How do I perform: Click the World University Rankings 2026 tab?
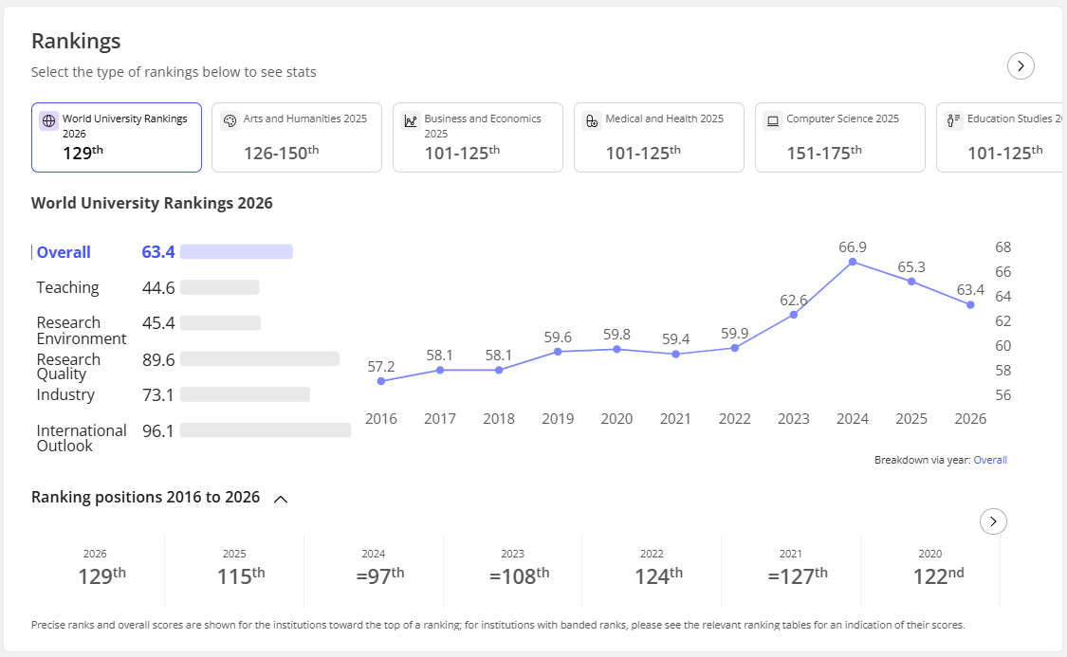pyautogui.click(x=117, y=137)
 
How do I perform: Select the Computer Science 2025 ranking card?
pyautogui.click(x=839, y=137)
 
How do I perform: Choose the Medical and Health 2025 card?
pyautogui.click(x=659, y=137)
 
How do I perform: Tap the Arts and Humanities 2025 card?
pyautogui.click(x=297, y=137)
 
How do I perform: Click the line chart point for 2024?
pyautogui.click(x=853, y=262)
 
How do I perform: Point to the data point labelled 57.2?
pyautogui.click(x=381, y=381)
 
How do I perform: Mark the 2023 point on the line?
pyautogui.click(x=794, y=315)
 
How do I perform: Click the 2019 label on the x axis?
pyautogui.click(x=558, y=419)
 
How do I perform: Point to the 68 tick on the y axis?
pyautogui.click(x=1003, y=246)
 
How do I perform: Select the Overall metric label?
pyautogui.click(x=64, y=252)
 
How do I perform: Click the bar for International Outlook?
pyautogui.click(x=266, y=429)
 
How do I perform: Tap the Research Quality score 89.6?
pyautogui.click(x=158, y=360)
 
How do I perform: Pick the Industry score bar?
pyautogui.click(x=245, y=394)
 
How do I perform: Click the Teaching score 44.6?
pyautogui.click(x=158, y=287)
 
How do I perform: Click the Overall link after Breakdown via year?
pyautogui.click(x=990, y=460)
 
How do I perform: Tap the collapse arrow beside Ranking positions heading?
pyautogui.click(x=281, y=500)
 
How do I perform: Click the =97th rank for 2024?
pyautogui.click(x=380, y=575)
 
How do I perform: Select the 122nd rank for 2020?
pyautogui.click(x=938, y=575)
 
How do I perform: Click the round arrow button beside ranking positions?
pyautogui.click(x=994, y=521)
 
